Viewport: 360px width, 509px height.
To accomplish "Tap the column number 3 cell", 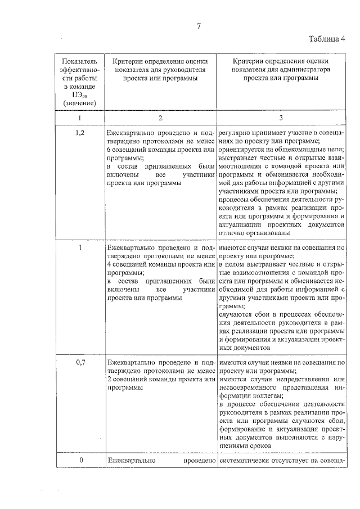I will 281,118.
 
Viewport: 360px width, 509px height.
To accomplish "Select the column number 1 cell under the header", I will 80,118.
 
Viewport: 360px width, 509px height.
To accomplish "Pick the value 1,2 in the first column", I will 80,132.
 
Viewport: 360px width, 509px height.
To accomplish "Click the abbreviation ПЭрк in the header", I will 80,96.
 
